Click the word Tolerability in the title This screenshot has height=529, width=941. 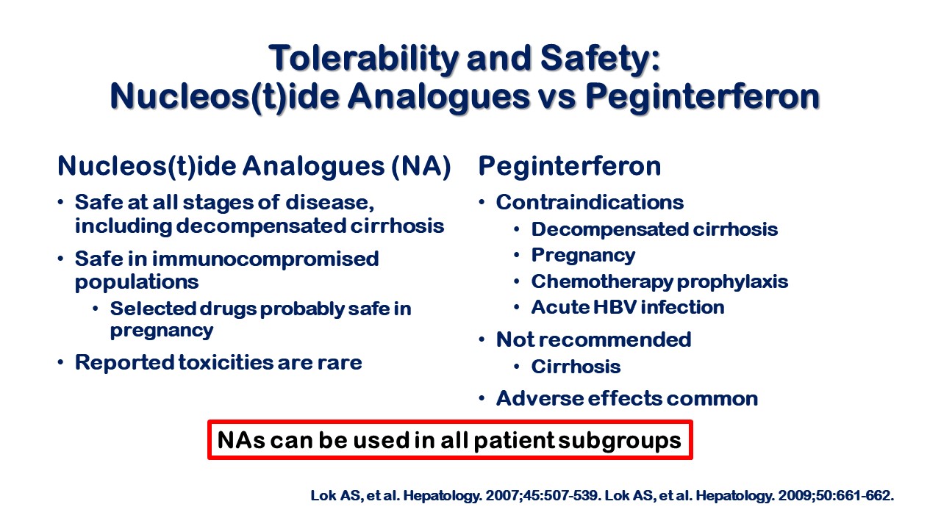tap(364, 58)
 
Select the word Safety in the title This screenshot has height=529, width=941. tap(600, 60)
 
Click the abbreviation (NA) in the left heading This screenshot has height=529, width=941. tap(421, 166)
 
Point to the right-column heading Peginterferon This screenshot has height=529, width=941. tap(570, 167)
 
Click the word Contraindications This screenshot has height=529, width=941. tap(590, 202)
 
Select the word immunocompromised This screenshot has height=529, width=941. tap(265, 259)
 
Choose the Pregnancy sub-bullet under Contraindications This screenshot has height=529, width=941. tap(583, 256)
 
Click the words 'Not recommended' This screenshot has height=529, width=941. tap(593, 339)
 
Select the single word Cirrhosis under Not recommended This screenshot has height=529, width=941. tap(576, 367)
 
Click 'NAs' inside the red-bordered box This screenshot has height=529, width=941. tap(241, 440)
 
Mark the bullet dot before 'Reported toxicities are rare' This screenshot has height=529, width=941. tap(61, 361)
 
